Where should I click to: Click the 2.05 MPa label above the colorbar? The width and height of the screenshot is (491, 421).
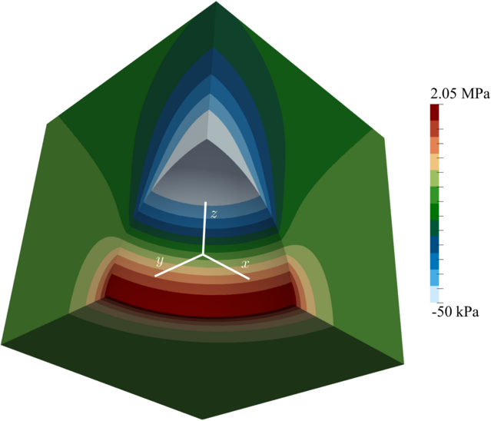click(459, 94)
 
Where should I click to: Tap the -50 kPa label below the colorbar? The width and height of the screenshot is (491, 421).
click(455, 312)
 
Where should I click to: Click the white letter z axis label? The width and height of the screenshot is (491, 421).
click(214, 214)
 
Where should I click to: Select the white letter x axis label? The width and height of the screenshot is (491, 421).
click(245, 264)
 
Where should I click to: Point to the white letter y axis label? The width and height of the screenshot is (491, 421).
click(160, 260)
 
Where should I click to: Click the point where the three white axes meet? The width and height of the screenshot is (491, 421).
click(203, 255)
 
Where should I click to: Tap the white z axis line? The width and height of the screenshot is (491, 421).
click(205, 228)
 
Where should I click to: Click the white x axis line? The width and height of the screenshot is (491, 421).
click(226, 267)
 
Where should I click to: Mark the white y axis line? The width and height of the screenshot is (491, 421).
click(179, 266)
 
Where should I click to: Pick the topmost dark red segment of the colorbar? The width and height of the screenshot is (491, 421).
click(435, 112)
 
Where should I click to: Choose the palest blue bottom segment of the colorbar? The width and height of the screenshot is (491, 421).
click(435, 294)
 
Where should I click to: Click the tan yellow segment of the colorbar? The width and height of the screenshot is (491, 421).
click(435, 162)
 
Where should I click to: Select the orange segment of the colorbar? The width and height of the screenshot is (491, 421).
click(435, 145)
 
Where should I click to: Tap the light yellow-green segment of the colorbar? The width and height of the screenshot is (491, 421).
click(435, 178)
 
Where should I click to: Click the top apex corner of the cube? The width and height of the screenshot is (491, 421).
click(216, 2)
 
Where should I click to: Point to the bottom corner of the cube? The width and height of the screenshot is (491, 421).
click(203, 419)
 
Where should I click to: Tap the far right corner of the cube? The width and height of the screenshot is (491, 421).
click(404, 363)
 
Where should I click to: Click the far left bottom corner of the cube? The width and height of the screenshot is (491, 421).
click(2, 344)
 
